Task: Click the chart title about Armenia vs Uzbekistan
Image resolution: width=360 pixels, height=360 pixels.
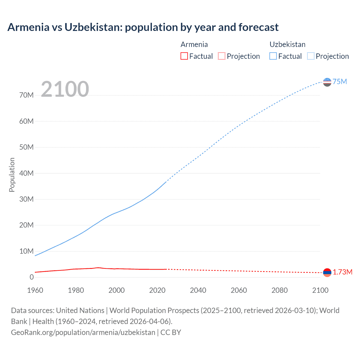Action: [x=143, y=27]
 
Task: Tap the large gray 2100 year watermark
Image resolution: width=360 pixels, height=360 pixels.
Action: [x=65, y=89]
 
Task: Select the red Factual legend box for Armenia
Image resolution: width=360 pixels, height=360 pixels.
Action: [x=184, y=56]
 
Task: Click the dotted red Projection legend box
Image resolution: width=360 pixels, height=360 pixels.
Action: [x=222, y=56]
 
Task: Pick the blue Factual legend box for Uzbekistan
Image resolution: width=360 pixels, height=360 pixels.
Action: [x=273, y=56]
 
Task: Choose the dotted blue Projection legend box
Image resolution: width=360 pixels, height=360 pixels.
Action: [x=311, y=56]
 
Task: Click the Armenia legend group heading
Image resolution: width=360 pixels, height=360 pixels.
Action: [x=194, y=44]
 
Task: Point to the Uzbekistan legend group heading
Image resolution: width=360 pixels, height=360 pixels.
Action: [x=287, y=44]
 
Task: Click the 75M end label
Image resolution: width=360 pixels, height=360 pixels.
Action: [x=340, y=82]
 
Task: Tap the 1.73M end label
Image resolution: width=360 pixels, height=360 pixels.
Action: [x=343, y=272]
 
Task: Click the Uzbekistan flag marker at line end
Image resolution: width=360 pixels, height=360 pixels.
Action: [x=327, y=82]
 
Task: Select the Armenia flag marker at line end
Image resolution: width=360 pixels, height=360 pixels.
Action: [x=327, y=272]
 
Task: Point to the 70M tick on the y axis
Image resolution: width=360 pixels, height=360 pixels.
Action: [x=26, y=95]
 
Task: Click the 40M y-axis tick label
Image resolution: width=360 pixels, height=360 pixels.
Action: [x=26, y=173]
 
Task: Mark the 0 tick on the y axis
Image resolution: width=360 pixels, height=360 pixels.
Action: [x=31, y=277]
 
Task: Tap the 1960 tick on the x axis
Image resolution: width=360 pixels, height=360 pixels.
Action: [x=35, y=290]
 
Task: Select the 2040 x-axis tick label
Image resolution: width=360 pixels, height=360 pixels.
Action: [x=198, y=290]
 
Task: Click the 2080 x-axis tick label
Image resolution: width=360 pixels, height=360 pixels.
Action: [x=280, y=290]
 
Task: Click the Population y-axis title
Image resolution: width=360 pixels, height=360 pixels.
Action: [x=12, y=175]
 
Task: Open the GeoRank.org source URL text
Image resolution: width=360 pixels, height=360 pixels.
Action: [x=83, y=332]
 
